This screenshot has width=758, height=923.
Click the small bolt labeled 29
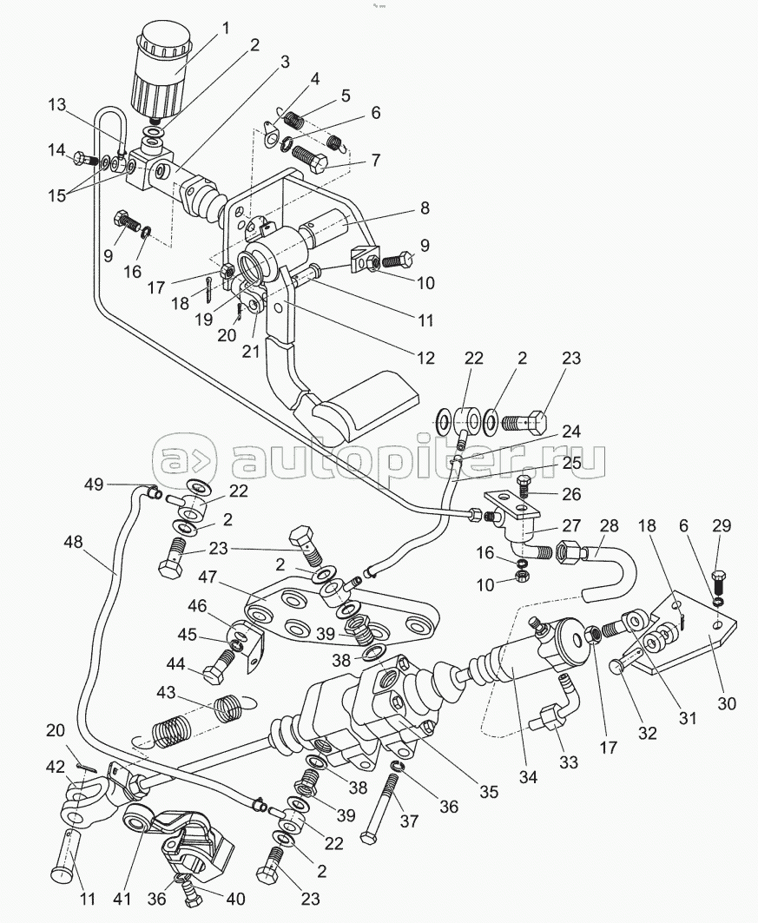point(719,577)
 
